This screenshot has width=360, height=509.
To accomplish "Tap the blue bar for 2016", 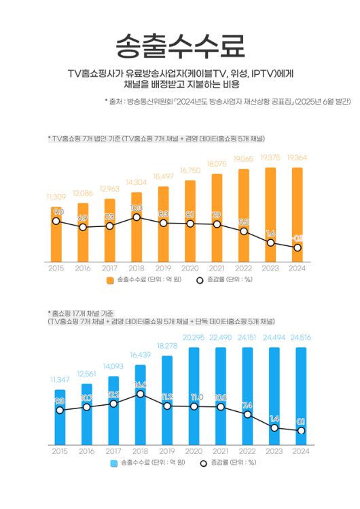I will point(86,415).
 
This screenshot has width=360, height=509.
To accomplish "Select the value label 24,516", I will point(297,337).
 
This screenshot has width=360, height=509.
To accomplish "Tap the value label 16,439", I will point(139,355).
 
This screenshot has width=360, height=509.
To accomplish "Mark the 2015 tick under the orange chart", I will point(56,268).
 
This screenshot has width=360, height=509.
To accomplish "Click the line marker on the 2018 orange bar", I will point(137,217).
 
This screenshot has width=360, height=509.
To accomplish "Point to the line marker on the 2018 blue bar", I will point(140,394).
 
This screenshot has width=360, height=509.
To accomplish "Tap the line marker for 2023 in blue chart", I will point(273,428).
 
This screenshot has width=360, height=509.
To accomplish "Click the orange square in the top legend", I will point(111,280).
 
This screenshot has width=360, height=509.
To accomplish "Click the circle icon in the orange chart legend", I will point(200,280).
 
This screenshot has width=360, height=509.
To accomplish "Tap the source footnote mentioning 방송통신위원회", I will point(228,101).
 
